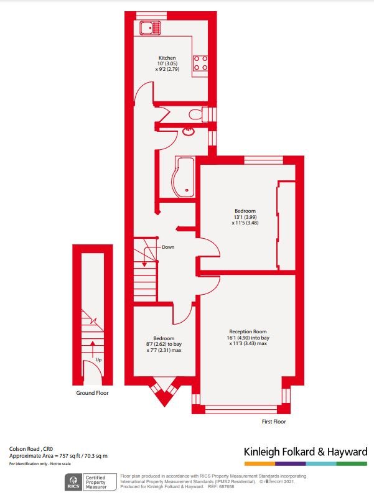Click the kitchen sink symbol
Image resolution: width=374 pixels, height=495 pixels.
pos(151,27)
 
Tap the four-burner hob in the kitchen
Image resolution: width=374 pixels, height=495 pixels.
pos(200,63)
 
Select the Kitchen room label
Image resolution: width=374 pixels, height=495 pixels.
pos(167,58)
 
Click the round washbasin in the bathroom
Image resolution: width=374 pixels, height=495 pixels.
pos(189,131)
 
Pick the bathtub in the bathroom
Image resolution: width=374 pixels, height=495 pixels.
pos(183,177)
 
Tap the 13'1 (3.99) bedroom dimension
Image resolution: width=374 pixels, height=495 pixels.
pos(245,217)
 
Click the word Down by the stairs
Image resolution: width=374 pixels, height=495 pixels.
pos(168,247)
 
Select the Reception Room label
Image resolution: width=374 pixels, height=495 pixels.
pos(248,331)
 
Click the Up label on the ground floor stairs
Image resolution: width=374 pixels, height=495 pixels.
pos(98,360)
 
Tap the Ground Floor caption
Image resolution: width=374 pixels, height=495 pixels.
pos(92,393)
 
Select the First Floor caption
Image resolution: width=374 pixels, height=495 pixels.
pos(274,422)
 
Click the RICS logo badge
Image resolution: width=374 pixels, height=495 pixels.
pos(73,482)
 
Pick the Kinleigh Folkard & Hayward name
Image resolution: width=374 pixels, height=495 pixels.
pos(306,451)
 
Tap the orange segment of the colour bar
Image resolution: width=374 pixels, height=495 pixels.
pos(259,464)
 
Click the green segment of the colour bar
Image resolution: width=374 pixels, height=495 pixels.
pos(352,464)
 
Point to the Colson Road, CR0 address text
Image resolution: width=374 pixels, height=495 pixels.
pos(31,449)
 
